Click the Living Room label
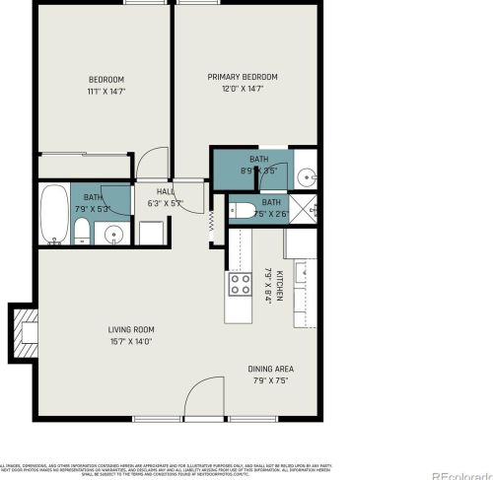point(130,329)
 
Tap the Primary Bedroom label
point(242,77)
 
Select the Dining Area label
point(269,369)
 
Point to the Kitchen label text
point(280,285)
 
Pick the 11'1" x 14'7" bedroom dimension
point(106,90)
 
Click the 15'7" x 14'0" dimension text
point(130,341)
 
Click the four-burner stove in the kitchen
point(240,285)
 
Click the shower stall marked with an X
point(308,209)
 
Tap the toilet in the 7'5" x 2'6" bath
point(240,209)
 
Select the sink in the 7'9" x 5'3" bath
point(114,235)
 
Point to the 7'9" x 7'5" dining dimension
point(269,380)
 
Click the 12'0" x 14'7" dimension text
point(242,89)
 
